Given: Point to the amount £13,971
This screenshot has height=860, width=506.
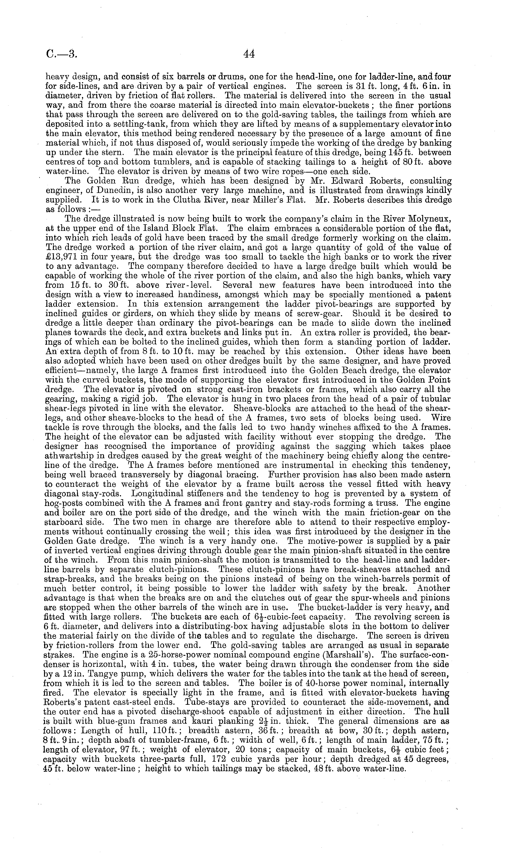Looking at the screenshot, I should tap(62, 257).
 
